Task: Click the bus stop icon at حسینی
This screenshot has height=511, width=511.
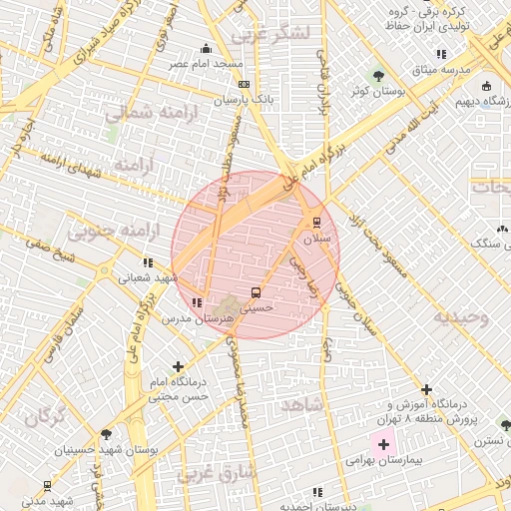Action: tap(256, 293)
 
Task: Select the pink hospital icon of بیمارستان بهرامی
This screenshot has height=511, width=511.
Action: tap(382, 442)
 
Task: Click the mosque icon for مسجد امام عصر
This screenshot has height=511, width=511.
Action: tap(207, 47)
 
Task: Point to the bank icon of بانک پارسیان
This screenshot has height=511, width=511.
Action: tap(246, 85)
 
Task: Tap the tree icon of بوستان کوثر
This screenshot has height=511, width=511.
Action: tap(378, 75)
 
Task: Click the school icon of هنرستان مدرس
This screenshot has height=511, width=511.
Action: tap(197, 301)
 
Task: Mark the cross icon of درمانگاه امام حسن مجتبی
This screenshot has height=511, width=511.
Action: tap(178, 367)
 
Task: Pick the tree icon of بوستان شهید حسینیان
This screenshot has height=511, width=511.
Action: tap(106, 434)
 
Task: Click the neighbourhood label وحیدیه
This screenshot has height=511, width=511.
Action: tap(460, 318)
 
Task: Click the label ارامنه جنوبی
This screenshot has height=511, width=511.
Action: tap(101, 232)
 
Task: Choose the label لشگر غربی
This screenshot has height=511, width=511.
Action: tap(270, 36)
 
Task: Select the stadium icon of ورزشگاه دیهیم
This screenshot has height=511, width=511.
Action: tap(486, 85)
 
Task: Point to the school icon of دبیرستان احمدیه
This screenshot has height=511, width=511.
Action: tap(316, 492)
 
